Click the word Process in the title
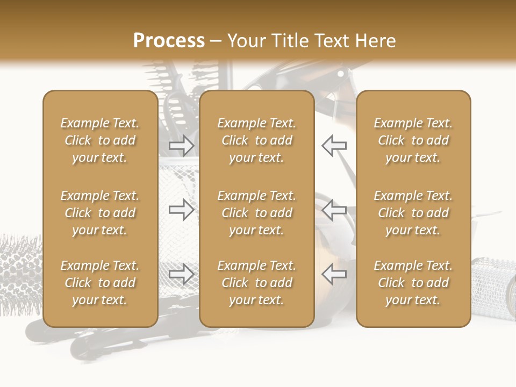169,41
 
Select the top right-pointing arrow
181,146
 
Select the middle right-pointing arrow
181,210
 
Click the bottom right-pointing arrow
181,274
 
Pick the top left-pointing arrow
334,146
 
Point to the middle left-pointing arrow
334,210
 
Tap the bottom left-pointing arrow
334,274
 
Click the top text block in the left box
100,140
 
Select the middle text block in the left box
100,213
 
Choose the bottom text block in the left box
100,283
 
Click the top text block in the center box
256,140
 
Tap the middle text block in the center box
256,213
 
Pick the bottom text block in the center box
256,283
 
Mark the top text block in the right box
413,140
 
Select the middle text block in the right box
413,213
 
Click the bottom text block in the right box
413,283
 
